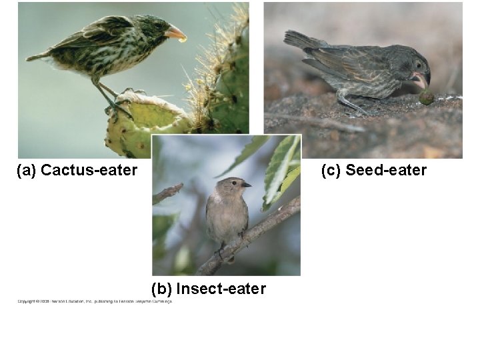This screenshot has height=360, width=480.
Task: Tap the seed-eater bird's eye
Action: click(418, 65)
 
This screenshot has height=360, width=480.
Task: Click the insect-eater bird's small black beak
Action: click(245, 184)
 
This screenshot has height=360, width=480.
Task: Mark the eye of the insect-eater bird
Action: click(236, 182)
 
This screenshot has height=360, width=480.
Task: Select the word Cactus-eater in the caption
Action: click(89, 171)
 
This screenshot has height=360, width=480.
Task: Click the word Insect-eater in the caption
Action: click(221, 289)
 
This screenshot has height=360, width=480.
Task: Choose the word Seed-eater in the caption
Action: click(385, 171)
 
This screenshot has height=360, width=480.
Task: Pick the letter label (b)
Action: click(162, 289)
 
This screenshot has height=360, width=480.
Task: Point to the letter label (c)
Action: click(331, 171)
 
